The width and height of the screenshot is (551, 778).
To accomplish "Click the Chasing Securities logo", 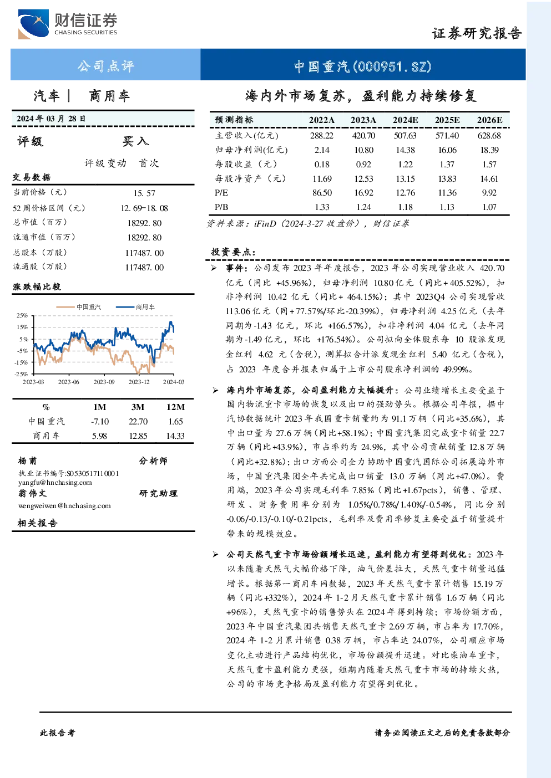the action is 68,24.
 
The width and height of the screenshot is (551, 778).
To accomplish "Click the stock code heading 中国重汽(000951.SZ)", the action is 363,66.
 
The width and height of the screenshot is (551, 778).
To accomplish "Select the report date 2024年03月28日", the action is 51,119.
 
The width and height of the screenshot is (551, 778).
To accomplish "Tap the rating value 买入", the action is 135,141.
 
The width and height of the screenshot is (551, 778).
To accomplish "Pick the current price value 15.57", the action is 144,193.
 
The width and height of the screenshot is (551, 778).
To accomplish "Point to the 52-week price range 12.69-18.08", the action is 144,208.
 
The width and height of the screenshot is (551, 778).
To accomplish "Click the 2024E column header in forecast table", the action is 405,120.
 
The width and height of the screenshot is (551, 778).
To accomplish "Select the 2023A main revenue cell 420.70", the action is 363,135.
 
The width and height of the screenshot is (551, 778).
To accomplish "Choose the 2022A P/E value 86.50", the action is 322,193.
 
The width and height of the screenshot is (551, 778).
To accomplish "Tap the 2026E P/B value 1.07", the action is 489,207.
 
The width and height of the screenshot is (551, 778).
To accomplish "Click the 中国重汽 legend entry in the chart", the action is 79,307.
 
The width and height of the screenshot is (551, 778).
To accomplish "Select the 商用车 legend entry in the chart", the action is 135,307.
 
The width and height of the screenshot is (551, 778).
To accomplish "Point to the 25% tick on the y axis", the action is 22,315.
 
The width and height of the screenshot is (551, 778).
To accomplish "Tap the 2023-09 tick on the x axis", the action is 104,382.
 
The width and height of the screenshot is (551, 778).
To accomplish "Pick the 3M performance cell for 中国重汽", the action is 138,422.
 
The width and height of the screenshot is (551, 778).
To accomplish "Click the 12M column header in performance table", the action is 175,407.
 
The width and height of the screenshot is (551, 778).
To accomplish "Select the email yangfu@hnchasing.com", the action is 55,483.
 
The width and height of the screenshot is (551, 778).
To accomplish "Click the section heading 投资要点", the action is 233,252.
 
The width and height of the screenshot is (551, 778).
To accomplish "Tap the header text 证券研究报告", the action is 477,33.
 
